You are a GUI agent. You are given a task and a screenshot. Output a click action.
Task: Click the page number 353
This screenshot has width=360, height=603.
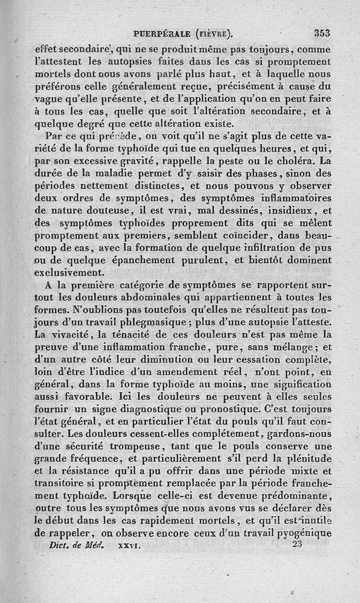point(322,33)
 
